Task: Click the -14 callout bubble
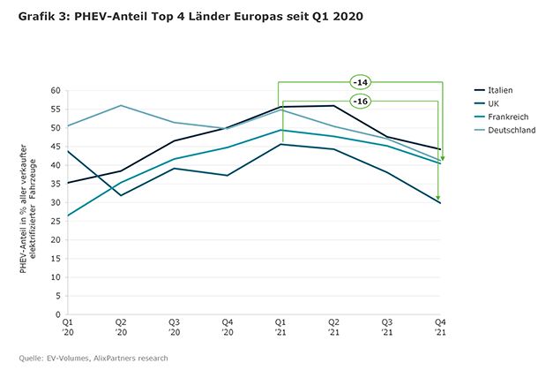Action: click(360, 82)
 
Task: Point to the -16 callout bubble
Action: click(360, 102)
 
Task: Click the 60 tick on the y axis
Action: click(54, 90)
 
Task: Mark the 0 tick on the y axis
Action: click(56, 314)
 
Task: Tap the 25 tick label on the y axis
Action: click(54, 221)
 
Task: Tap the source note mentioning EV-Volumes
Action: click(93, 358)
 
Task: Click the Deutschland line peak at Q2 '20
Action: click(120, 105)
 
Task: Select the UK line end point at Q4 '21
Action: click(439, 202)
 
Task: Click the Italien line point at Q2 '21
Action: click(333, 106)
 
